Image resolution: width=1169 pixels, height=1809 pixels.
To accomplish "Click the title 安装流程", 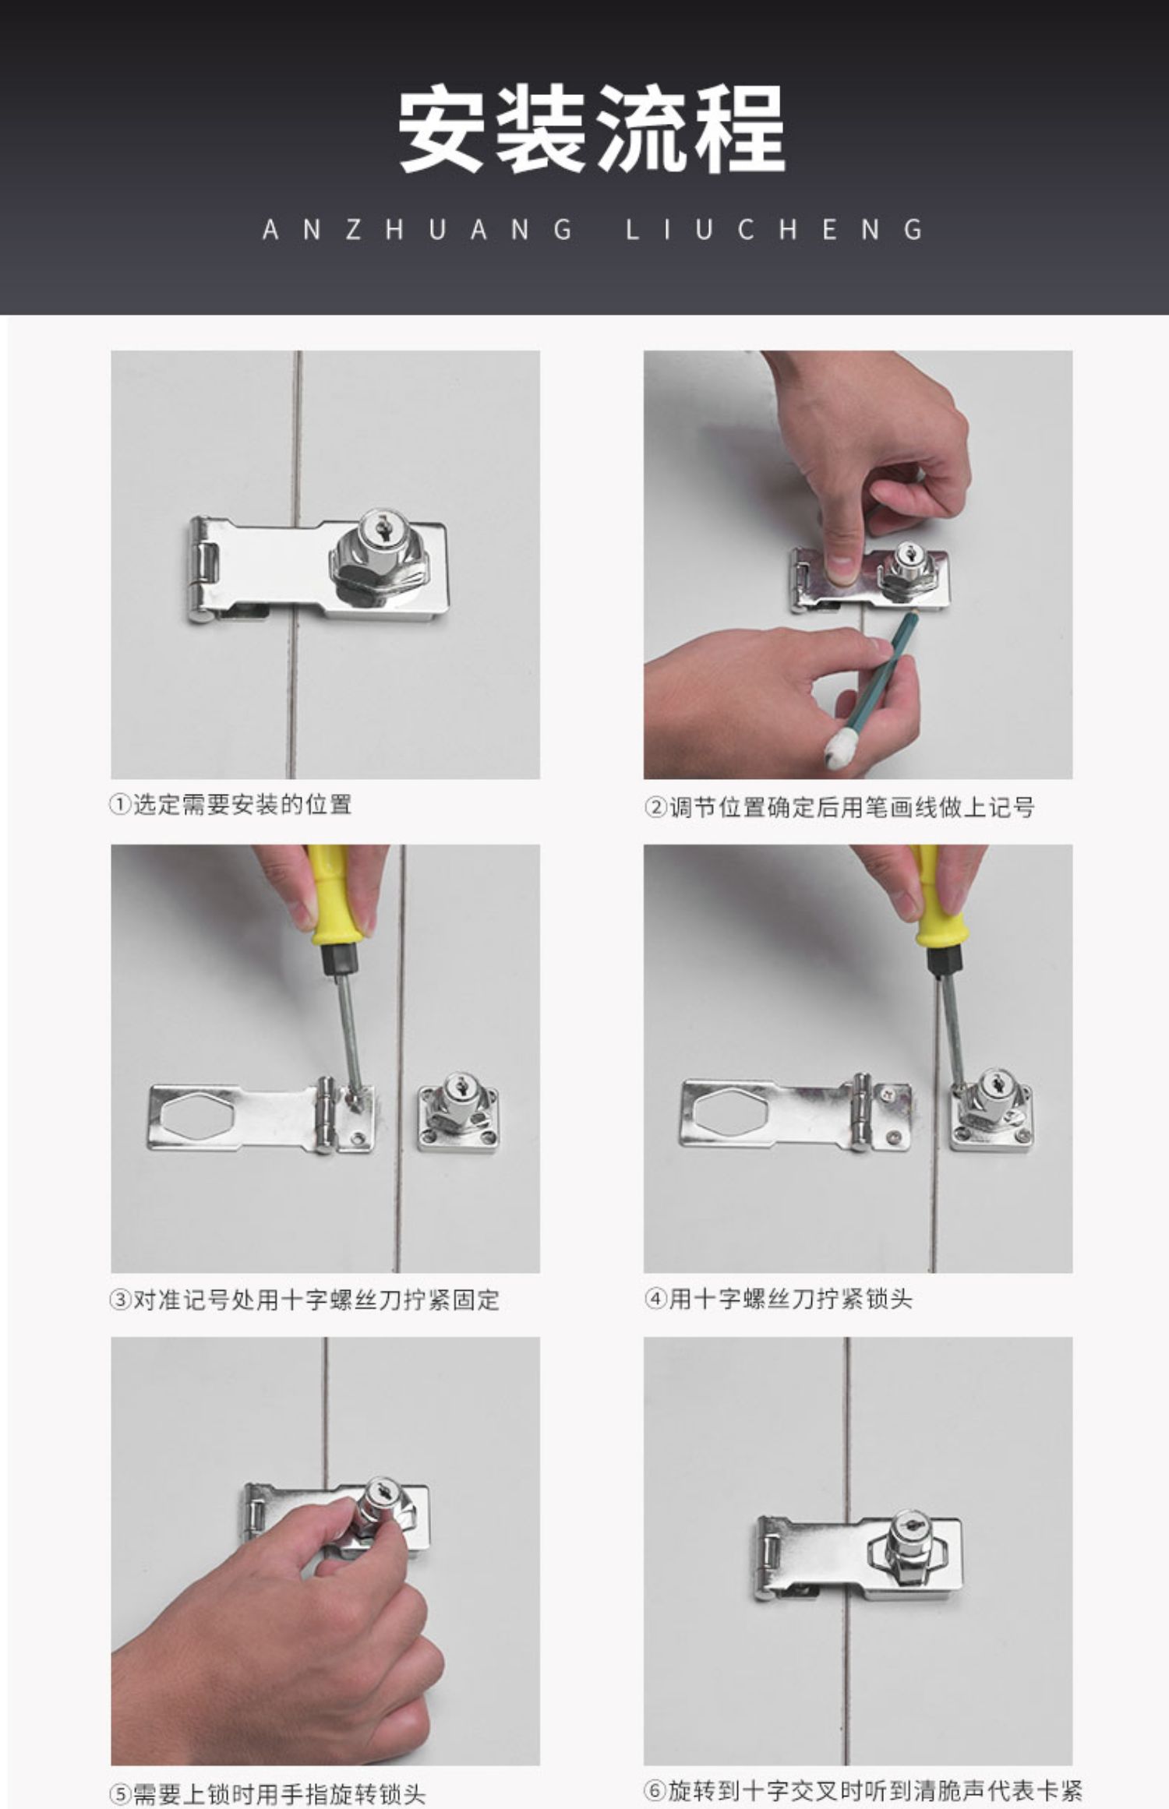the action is point(592,130).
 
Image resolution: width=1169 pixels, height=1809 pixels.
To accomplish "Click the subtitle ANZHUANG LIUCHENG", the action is point(593,230).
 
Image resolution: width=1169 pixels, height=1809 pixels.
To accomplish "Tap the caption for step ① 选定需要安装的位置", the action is point(230,804).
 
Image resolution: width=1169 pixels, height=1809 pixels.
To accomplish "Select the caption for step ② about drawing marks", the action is point(839,807).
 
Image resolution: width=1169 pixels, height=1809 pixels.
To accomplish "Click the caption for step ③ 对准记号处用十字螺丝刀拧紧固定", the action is point(305,1300).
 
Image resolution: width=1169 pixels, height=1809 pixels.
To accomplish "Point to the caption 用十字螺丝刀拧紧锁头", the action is point(790,1299).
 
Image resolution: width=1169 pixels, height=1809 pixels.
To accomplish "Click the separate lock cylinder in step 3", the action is point(458,1116).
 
